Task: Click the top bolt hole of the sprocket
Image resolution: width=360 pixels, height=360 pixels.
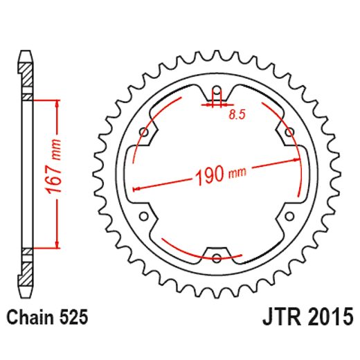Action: click(x=216, y=90)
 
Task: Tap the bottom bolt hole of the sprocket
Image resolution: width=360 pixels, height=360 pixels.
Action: click(x=216, y=258)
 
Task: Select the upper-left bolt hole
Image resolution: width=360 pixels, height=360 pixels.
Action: click(x=143, y=132)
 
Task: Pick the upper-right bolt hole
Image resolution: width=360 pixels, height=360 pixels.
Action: click(x=289, y=132)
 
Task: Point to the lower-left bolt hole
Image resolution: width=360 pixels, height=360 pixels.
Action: click(x=143, y=216)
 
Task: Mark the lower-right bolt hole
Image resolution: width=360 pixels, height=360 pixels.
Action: click(x=289, y=216)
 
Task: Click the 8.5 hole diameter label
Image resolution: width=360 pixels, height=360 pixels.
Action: click(x=237, y=116)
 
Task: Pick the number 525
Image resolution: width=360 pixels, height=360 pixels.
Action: click(x=73, y=318)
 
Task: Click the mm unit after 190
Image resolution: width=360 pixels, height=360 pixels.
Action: click(x=239, y=171)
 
